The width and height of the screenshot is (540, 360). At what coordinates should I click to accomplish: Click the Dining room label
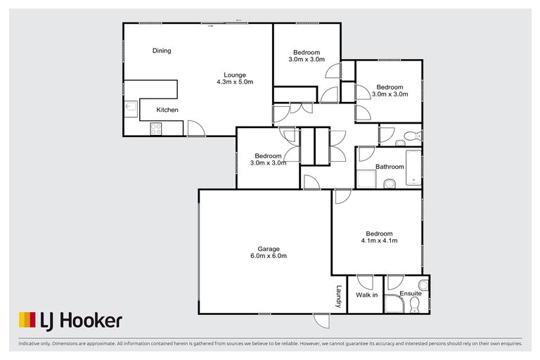pos(162,51)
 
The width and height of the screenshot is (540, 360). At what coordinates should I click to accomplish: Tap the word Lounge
pos(235,75)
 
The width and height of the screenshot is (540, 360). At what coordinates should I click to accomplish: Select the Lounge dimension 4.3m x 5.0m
pos(235,82)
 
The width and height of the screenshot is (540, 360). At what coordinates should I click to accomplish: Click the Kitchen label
pos(167,110)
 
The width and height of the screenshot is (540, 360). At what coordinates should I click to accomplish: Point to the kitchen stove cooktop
pos(156,129)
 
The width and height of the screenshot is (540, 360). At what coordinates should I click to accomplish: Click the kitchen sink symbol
pos(131,107)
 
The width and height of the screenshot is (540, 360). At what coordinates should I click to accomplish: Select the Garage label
pos(269,248)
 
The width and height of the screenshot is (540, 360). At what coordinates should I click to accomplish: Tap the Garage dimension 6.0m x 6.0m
pos(269,256)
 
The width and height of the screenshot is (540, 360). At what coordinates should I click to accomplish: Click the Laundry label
pos(338,296)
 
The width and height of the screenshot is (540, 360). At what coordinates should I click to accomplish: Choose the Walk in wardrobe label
pos(366,295)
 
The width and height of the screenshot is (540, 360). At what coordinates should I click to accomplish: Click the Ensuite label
pos(411,293)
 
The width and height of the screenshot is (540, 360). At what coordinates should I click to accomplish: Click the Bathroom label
pos(390,167)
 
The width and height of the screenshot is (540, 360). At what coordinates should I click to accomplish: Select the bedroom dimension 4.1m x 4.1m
pos(380,241)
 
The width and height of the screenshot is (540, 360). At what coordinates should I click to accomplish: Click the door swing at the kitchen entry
pos(196,128)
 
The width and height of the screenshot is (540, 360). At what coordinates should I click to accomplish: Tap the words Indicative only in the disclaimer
pos(31,344)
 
